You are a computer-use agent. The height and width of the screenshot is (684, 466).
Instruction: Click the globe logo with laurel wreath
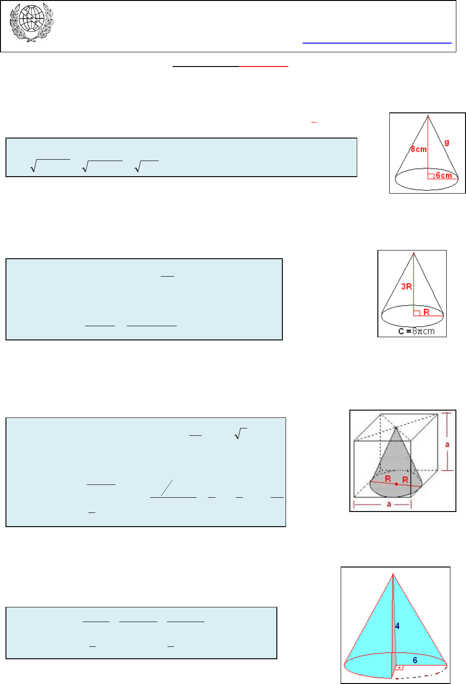[32, 22]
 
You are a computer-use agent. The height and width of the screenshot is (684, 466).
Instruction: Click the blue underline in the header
[377, 43]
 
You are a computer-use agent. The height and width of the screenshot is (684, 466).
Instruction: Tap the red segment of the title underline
[264, 66]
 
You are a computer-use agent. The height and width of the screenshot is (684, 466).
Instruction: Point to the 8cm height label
[419, 149]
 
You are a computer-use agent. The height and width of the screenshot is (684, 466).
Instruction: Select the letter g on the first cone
[446, 142]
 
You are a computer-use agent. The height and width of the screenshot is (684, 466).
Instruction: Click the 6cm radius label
[444, 175]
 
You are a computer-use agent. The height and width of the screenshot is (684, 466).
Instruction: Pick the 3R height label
[406, 286]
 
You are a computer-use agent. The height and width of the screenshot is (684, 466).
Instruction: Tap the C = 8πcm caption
[416, 331]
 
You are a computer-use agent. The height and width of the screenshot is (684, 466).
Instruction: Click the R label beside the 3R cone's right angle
[427, 312]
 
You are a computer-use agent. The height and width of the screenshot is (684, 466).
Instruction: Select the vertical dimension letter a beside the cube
[447, 444]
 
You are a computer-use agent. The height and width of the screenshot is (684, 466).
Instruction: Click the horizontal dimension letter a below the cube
[389, 504]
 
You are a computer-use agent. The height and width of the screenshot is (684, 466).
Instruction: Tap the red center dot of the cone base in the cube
[396, 484]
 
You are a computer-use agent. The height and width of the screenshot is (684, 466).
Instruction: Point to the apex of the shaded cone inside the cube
[396, 428]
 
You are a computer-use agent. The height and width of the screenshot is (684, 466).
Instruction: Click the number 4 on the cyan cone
[397, 626]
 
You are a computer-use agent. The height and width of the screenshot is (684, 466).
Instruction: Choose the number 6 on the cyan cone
[415, 660]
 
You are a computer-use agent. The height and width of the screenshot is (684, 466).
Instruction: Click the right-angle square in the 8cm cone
[431, 176]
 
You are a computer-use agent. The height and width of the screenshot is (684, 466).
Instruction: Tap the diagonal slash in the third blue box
[167, 488]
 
